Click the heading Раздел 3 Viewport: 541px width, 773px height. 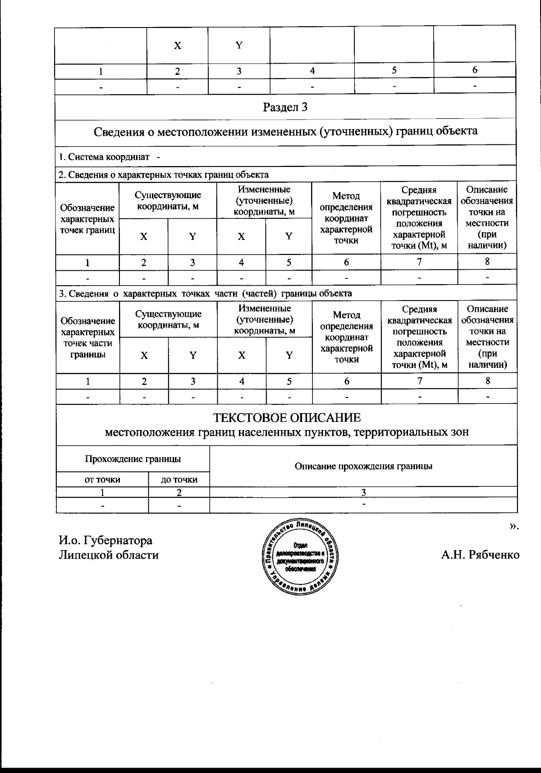[x=285, y=107]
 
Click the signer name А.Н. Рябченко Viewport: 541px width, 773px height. [x=480, y=555]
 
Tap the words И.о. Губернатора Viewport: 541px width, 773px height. [x=105, y=540]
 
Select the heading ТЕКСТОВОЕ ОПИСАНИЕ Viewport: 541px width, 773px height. [x=287, y=417]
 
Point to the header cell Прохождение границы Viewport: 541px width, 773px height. [x=133, y=459]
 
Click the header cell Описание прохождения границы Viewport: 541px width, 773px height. [x=363, y=466]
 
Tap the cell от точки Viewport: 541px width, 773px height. [x=102, y=480]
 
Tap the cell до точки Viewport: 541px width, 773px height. [x=179, y=480]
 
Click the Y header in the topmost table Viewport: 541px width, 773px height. [x=239, y=45]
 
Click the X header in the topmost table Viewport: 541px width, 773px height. [x=178, y=46]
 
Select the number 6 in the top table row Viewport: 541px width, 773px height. [x=475, y=70]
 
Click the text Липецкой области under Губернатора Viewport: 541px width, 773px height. [x=109, y=555]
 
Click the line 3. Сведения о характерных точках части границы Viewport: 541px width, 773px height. [x=206, y=293]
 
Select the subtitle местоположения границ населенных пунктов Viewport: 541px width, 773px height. [x=287, y=432]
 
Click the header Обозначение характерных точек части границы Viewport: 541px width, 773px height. [x=87, y=338]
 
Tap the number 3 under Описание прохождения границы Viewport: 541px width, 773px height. [x=363, y=492]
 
